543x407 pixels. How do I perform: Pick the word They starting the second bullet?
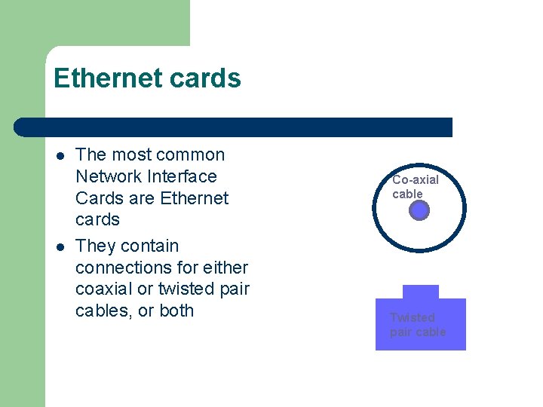coord(96,246)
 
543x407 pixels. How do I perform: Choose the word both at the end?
coord(176,311)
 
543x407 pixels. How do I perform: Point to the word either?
coord(222,268)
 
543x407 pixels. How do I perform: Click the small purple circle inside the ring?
coord(419,211)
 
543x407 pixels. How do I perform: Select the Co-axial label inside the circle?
coord(416,180)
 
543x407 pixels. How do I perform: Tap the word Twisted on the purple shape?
coord(412,317)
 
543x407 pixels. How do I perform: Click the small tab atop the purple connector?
coord(420,292)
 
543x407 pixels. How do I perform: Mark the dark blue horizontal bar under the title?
coord(234,127)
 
